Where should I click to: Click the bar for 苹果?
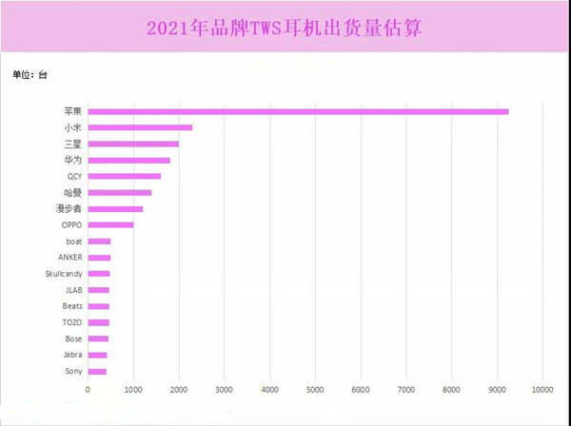[298, 111]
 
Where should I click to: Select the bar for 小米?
[140, 127]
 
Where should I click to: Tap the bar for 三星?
[133, 144]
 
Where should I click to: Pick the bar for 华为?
[128, 160]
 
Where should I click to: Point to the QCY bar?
[124, 176]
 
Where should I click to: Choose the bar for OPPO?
[110, 225]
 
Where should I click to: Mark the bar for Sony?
[97, 371]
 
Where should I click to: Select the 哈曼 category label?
[74, 192]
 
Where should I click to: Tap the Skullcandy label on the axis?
[64, 274]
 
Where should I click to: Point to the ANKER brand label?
[69, 258]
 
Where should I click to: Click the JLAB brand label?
[73, 290]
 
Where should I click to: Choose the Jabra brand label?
[71, 355]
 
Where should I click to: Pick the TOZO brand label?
[72, 322]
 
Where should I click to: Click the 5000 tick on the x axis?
[315, 390]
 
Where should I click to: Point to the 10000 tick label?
[542, 390]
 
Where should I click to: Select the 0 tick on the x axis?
[88, 390]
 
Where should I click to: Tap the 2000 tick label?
[178, 390]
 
